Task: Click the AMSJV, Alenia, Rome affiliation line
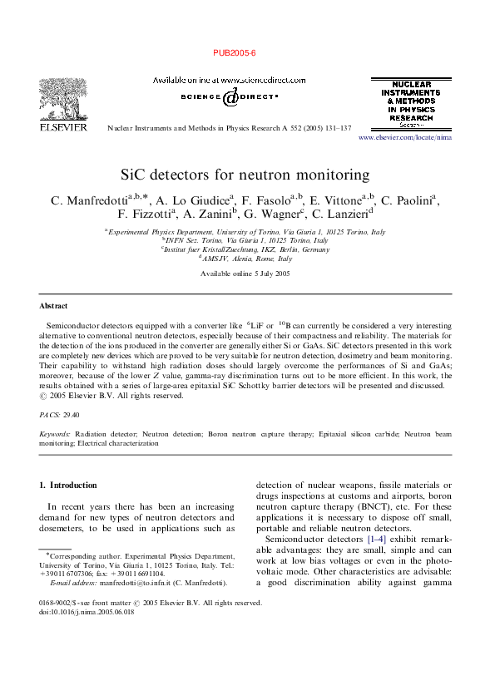tap(246, 259)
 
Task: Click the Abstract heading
tap(54, 306)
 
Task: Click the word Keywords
tap(55, 434)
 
